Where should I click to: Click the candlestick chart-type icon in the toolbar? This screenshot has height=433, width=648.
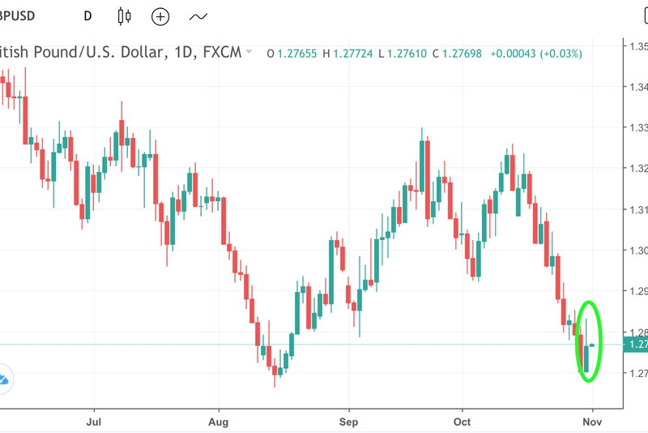[x=124, y=15]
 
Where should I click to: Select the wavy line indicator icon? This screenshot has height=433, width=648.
[x=198, y=15]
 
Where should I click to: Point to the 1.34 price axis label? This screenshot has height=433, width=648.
[x=637, y=87]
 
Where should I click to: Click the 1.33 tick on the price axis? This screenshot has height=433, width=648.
[x=637, y=128]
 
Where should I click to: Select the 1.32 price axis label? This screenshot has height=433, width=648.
[x=637, y=169]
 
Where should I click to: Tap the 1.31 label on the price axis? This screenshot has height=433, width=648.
[x=637, y=209]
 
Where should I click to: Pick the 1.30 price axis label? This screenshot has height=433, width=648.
[x=637, y=251]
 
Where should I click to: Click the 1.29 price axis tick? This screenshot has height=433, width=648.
[x=637, y=291]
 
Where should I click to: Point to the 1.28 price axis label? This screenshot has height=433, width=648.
[x=637, y=332]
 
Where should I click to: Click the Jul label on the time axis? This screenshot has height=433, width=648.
[x=94, y=422]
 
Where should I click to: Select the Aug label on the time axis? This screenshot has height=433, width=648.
[x=219, y=422]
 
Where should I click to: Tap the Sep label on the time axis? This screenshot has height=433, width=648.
[x=349, y=422]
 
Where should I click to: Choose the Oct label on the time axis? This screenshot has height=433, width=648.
[x=462, y=422]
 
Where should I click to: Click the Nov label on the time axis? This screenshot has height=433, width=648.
[x=592, y=422]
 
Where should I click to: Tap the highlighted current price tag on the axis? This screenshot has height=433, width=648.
[x=636, y=345]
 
